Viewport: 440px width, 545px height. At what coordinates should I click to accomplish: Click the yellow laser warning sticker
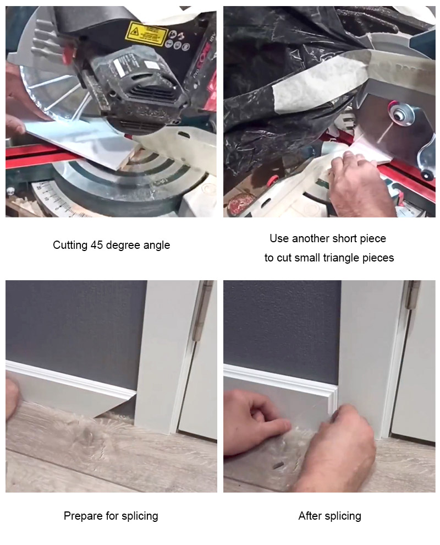tap(146, 34)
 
